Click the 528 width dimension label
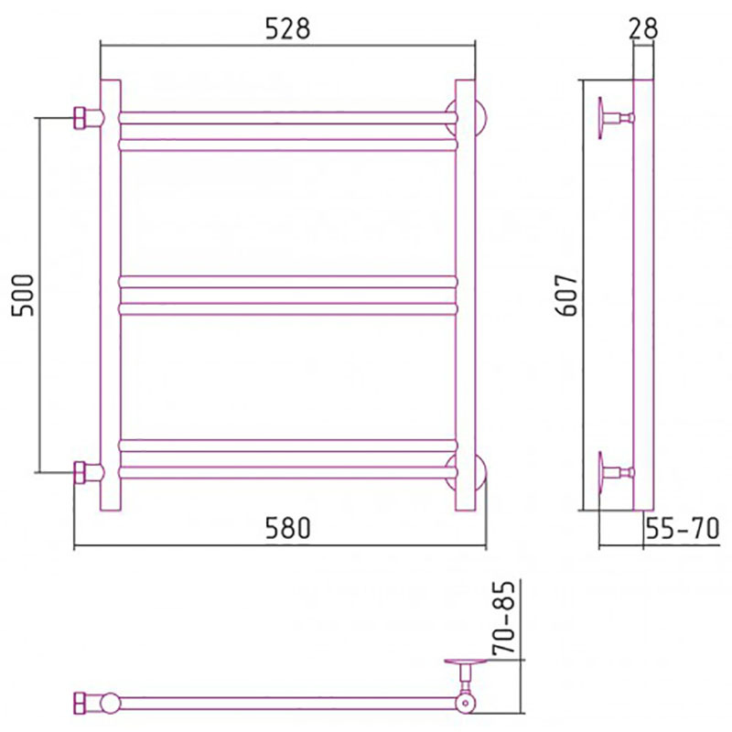tap(287, 29)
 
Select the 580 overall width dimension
tap(287, 529)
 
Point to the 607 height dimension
tap(567, 295)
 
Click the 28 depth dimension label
tap(643, 28)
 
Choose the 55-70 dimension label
tap(683, 529)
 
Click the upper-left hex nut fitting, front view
tap(81, 118)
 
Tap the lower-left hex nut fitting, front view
tap(81, 472)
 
